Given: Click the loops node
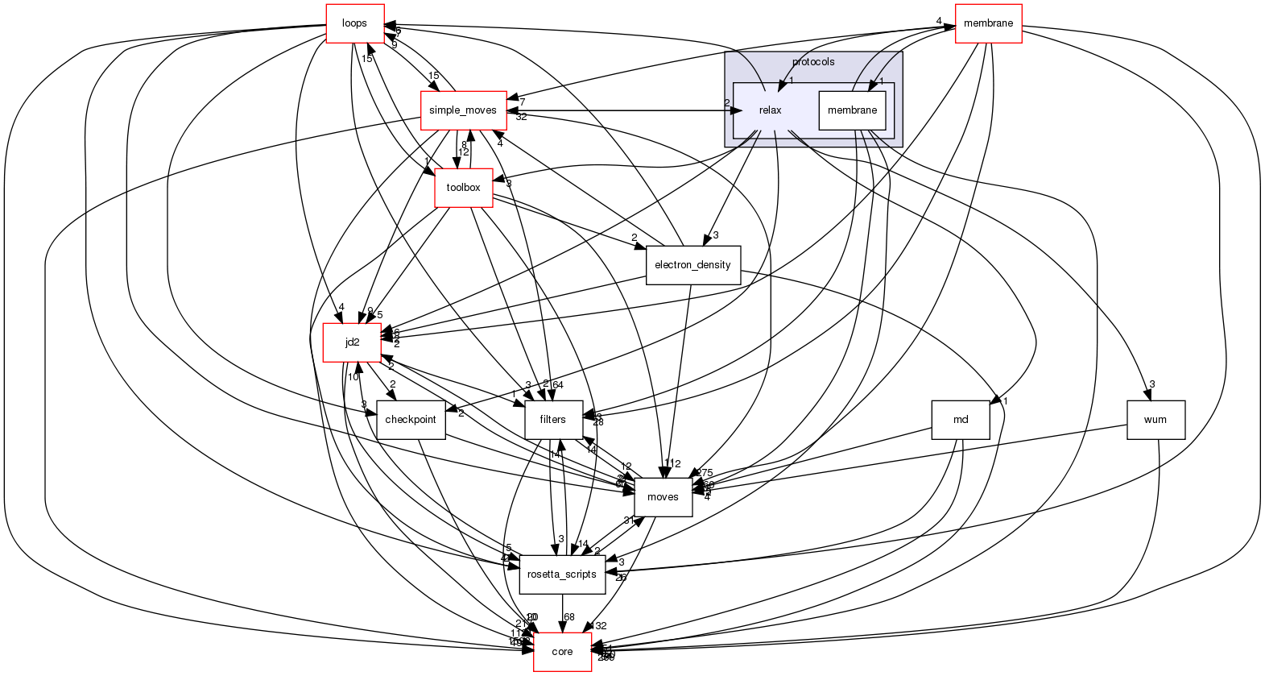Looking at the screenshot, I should tap(354, 23).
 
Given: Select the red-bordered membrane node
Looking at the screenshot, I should tap(988, 23).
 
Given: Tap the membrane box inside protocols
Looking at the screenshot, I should tap(852, 110).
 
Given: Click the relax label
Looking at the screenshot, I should tap(770, 110).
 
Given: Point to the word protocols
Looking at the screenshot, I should tap(812, 62).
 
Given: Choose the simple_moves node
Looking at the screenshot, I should tap(463, 110).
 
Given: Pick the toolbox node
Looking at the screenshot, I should tap(463, 188).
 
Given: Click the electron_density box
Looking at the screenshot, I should tap(692, 265).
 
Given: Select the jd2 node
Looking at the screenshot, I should tap(352, 342).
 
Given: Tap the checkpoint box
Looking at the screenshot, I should tap(411, 420).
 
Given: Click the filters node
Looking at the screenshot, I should tap(553, 420).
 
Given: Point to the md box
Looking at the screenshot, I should tap(960, 420).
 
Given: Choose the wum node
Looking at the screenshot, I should tap(1155, 420).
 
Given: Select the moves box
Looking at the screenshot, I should tap(663, 497).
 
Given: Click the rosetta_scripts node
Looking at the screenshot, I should tap(562, 574).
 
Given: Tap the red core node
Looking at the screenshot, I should tap(562, 652).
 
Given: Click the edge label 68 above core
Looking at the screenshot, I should tap(568, 617).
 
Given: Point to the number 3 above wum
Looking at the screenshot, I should tap(1152, 384).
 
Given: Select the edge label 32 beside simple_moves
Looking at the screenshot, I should tap(521, 117).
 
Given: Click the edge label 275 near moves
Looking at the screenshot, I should tap(705, 473).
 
